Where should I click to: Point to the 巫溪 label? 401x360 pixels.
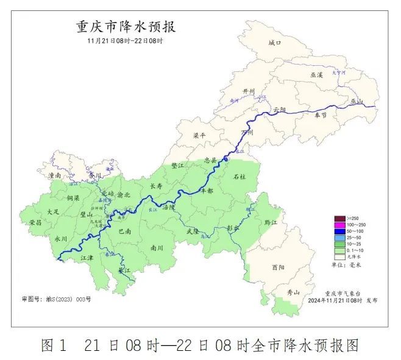coord(316,74)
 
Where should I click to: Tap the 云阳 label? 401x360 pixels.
coord(279,109)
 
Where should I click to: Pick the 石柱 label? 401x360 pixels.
coord(240,177)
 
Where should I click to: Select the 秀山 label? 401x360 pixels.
coord(293,292)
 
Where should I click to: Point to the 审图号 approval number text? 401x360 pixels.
coord(56,299)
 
